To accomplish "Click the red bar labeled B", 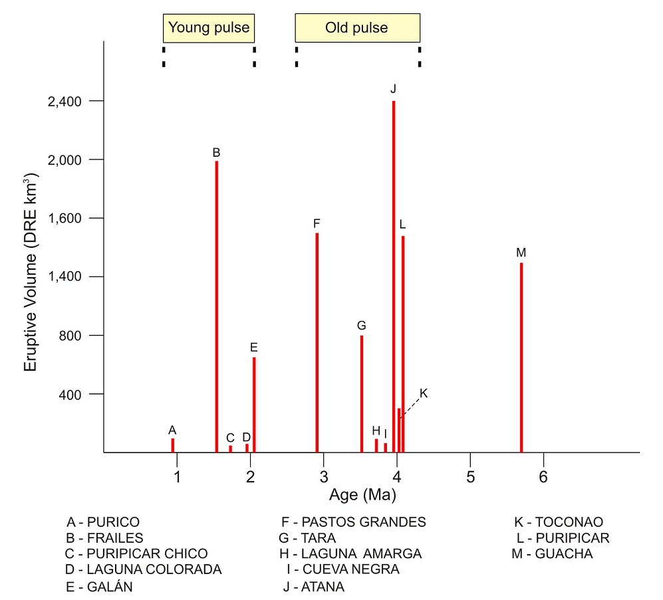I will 217,306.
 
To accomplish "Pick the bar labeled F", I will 317,342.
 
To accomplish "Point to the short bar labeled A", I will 173,445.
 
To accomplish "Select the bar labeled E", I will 254,405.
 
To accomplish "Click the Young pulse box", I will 209,28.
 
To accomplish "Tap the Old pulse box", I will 357,28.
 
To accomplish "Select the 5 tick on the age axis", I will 470,477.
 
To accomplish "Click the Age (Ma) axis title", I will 362,495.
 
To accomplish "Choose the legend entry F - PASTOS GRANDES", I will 354,522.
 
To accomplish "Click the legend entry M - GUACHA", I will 552,554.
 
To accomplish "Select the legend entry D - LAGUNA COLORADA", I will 144,570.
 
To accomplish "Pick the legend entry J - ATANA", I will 314,587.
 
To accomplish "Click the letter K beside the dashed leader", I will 424,393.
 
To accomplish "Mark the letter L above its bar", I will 403,225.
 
